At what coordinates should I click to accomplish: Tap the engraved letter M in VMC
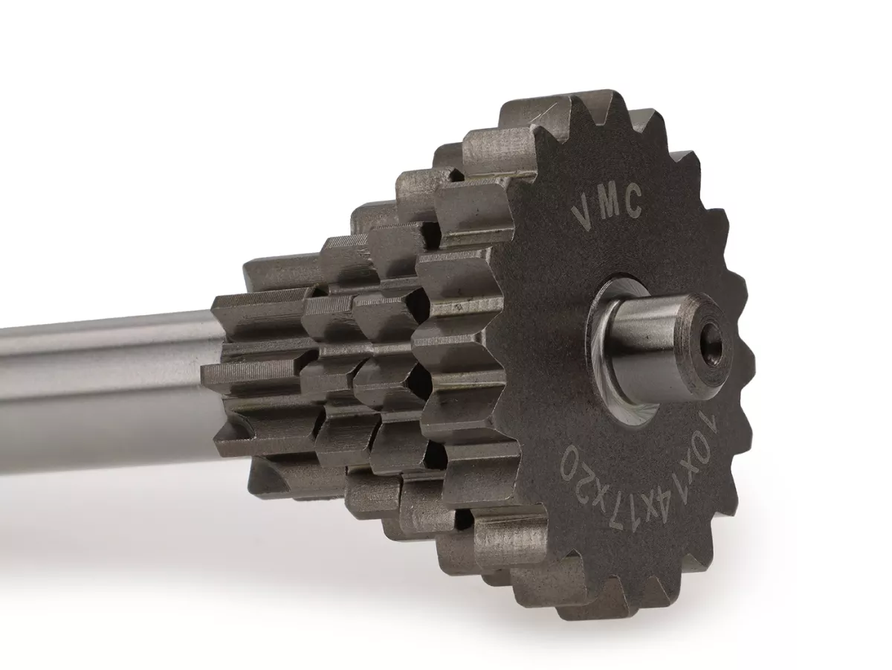[608, 204]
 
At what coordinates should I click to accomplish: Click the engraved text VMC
[608, 207]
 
